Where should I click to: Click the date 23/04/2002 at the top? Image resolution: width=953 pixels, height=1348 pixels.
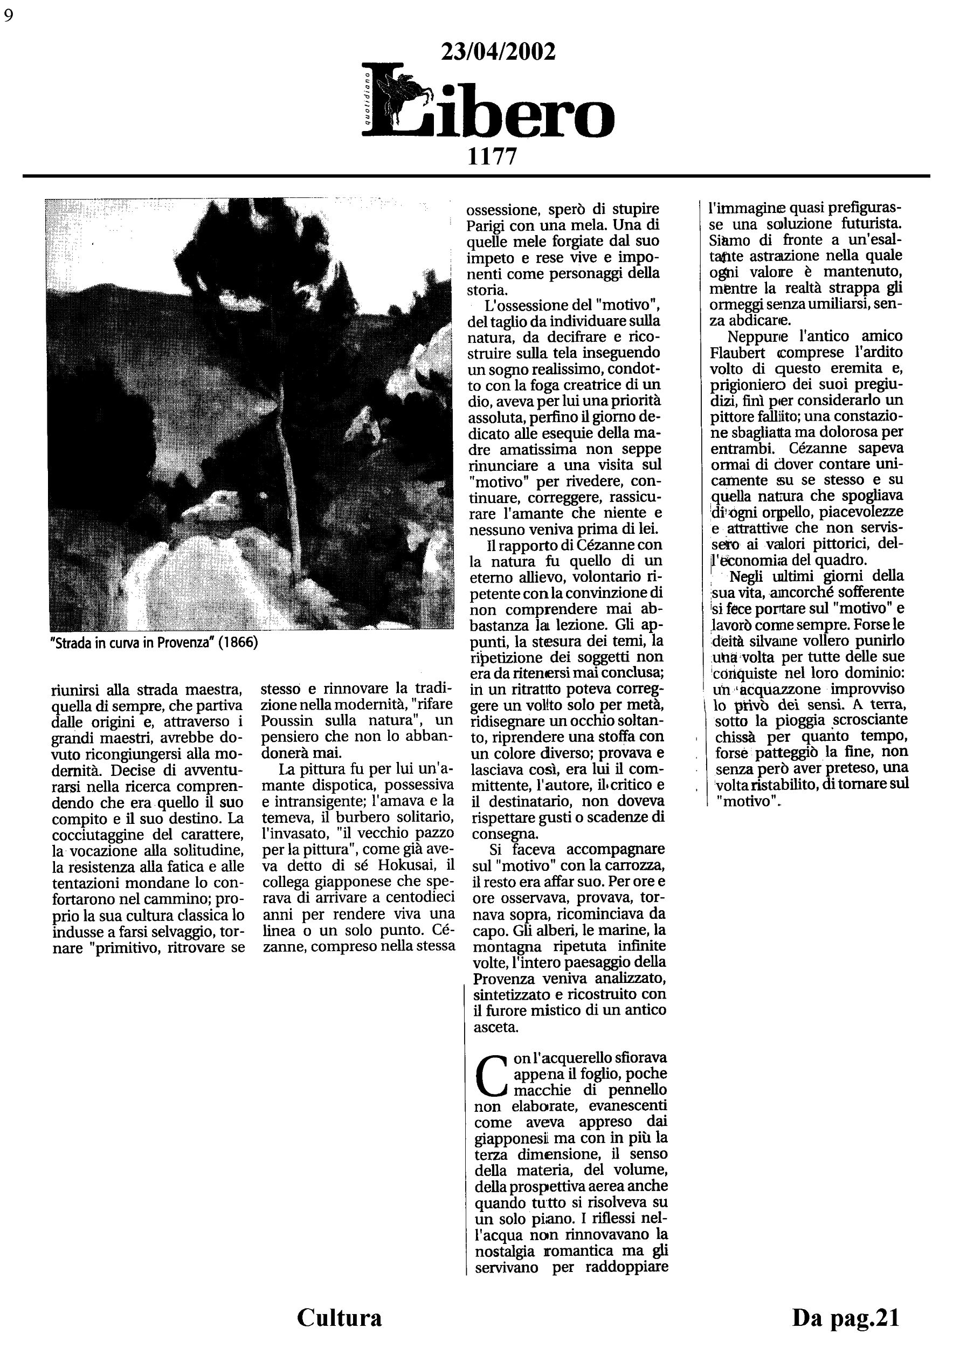[x=498, y=52]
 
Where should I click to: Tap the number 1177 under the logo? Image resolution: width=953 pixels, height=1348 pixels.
[x=492, y=156]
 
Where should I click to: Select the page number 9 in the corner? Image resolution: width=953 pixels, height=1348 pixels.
[x=8, y=16]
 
